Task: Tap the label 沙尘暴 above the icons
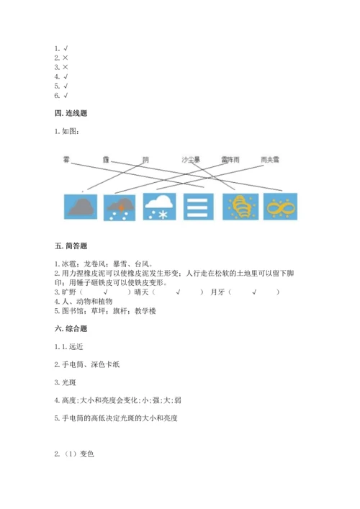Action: point(191,159)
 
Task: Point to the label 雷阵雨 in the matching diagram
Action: point(231,159)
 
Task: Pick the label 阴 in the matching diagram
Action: point(145,159)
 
